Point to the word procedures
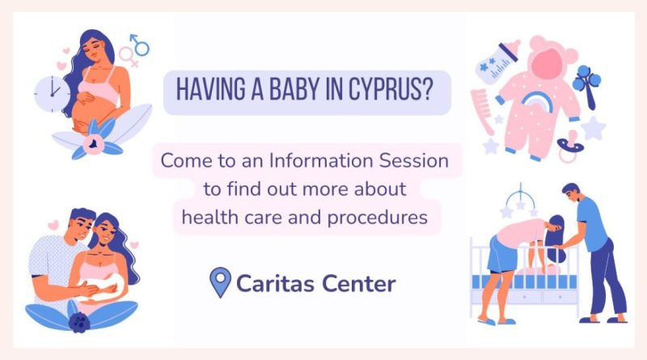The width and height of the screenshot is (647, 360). (377, 218)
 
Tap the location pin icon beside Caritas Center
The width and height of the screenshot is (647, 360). (220, 282)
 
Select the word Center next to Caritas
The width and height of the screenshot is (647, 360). (358, 283)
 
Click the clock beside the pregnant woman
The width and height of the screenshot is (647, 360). (52, 94)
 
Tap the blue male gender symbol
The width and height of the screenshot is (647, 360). (140, 44)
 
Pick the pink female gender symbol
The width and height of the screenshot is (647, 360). (128, 57)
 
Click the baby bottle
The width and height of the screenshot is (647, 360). (497, 62)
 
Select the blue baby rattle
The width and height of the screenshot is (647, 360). (587, 86)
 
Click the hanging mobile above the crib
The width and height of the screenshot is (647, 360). (520, 202)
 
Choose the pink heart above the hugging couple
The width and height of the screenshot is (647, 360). (53, 225)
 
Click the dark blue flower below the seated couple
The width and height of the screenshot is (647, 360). (79, 323)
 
